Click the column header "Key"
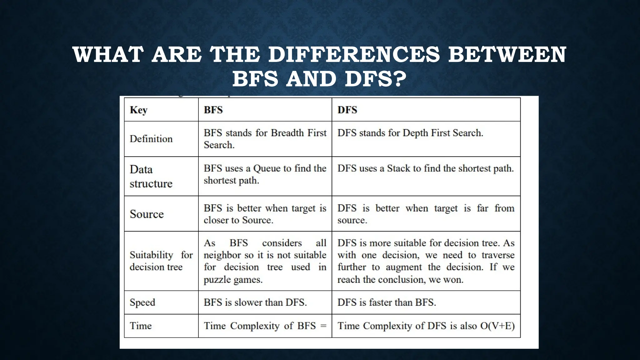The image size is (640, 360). point(138,110)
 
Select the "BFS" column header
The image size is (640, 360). point(213,110)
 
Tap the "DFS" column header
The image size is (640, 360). point(347,110)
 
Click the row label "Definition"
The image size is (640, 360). point(151,139)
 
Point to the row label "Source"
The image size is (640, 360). point(147,214)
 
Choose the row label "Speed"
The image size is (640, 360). point(142,302)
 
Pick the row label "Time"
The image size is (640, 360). point(141,326)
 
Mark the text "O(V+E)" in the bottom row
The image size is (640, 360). point(497,326)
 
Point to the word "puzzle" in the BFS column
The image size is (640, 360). point(217,280)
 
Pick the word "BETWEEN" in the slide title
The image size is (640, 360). point(507,54)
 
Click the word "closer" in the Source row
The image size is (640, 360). point(216,220)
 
